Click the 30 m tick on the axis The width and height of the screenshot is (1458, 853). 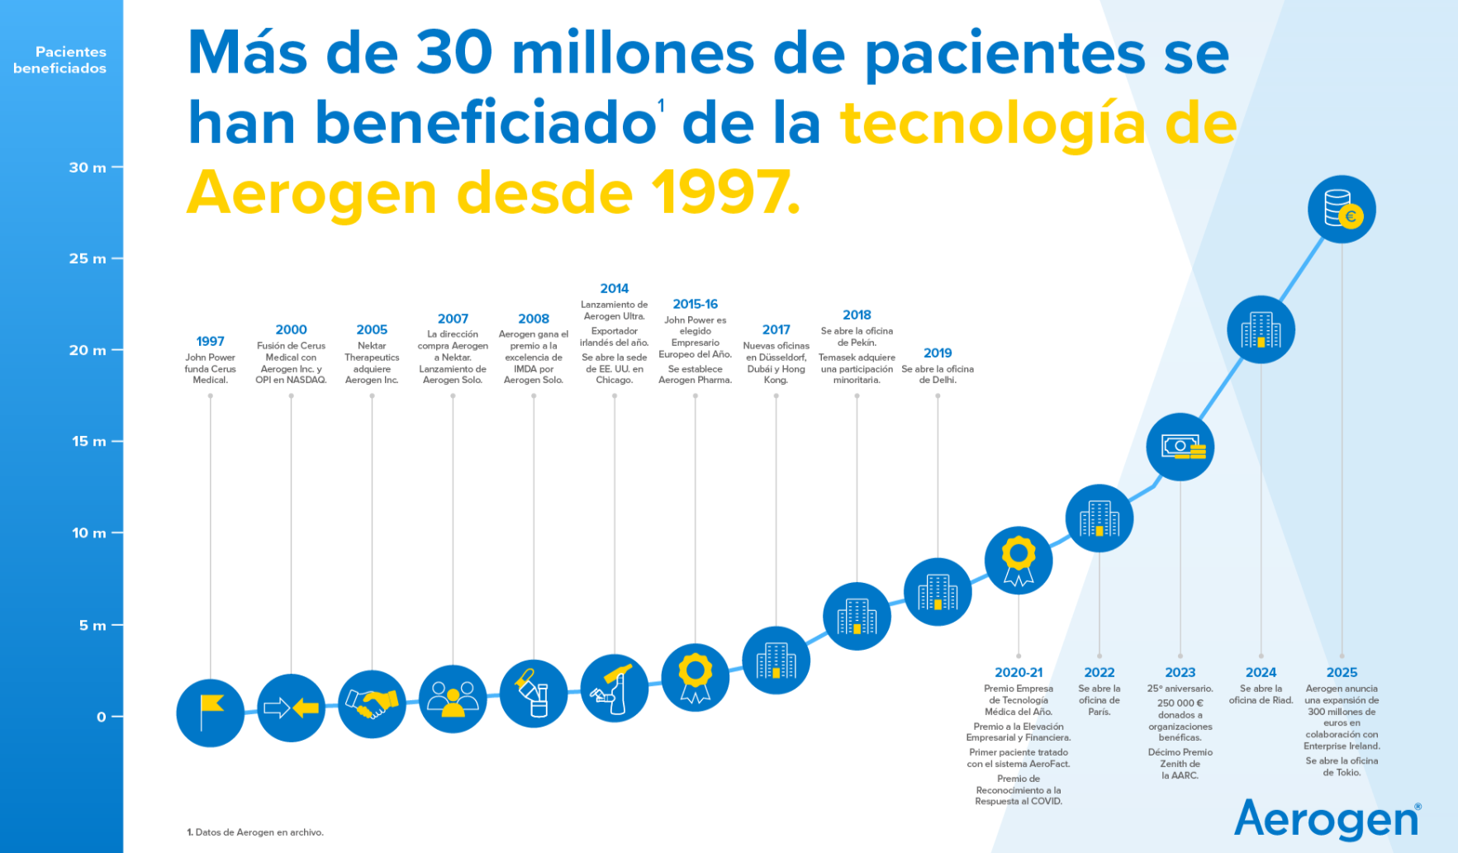tap(88, 168)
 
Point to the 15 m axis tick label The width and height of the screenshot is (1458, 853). tap(88, 441)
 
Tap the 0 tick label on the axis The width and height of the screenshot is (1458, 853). tap(102, 717)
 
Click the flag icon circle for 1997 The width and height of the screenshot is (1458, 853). tap(211, 713)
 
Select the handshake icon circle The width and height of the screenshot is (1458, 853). tap(372, 704)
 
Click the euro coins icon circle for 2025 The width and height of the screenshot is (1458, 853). tap(1342, 209)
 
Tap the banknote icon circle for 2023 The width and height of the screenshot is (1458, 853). tap(1180, 447)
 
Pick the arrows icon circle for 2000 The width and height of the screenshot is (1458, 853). tap(291, 708)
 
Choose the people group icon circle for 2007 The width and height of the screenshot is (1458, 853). tap(453, 699)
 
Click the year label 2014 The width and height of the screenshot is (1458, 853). tap(614, 288)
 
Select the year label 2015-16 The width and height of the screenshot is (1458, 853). tap(695, 304)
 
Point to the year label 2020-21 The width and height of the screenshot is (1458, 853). tap(1019, 672)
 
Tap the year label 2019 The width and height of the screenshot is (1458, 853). tap(938, 353)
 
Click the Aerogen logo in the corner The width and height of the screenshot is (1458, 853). tap(1327, 819)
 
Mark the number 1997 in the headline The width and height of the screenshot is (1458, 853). tap(725, 192)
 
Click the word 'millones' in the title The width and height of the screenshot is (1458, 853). tap(633, 53)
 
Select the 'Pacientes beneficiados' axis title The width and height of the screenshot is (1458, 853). tap(60, 60)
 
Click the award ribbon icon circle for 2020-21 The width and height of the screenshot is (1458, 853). tap(1019, 561)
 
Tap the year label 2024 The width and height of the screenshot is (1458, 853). tap(1261, 672)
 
